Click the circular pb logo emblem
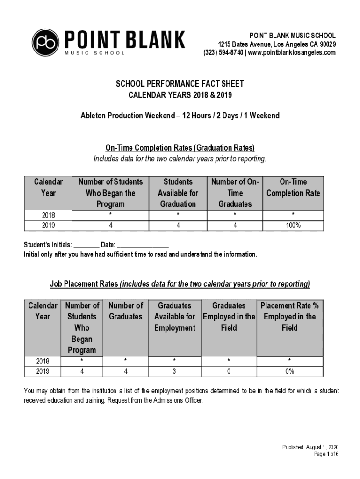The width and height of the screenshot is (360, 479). click(x=45, y=43)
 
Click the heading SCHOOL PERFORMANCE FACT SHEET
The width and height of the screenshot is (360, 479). click(x=180, y=84)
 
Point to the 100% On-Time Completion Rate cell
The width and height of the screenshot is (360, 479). click(x=293, y=225)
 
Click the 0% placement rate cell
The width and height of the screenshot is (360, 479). click(x=289, y=371)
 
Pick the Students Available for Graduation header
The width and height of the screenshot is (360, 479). click(x=178, y=193)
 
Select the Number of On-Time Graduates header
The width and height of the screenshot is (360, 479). click(x=235, y=193)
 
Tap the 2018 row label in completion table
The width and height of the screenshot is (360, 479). click(x=48, y=215)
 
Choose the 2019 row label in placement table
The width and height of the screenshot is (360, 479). click(x=43, y=371)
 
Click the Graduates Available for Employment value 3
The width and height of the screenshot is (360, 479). click(x=174, y=371)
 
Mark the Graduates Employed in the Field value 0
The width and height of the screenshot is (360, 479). click(x=229, y=371)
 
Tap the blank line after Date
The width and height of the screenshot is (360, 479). click(x=143, y=246)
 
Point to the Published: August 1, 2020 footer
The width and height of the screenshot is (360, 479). click(x=310, y=447)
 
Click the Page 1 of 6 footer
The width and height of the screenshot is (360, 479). click(x=326, y=454)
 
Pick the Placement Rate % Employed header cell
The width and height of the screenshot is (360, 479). click(x=289, y=317)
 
